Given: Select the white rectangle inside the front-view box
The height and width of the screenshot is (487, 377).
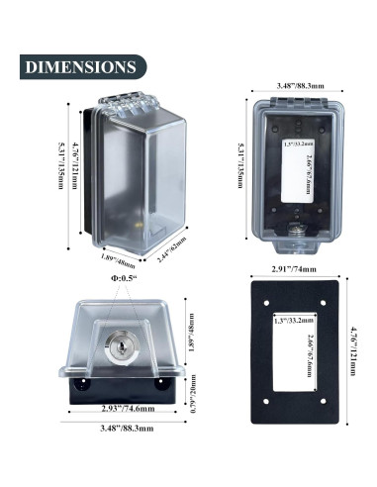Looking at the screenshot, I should tap(297, 174).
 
